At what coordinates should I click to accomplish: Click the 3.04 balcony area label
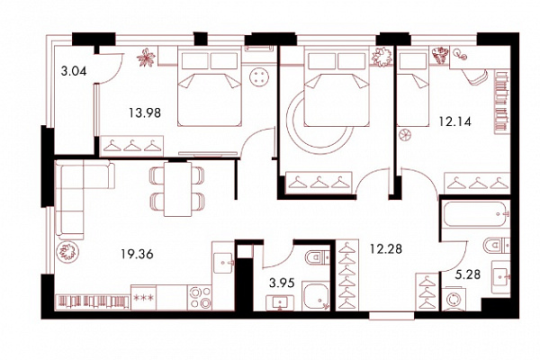pos(74,71)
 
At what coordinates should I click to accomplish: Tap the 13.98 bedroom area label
pos(145,112)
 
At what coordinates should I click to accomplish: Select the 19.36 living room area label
pos(137,254)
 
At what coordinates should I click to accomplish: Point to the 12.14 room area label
pos(454,121)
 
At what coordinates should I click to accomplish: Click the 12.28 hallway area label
pos(386,248)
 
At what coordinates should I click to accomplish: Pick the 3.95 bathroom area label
pos(282,283)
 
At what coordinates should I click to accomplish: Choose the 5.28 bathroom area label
pos(468,274)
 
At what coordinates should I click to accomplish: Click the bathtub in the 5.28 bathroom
pos(476,214)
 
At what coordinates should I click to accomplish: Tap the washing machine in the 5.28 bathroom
pos(454,298)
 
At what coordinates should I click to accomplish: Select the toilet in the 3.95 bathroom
pos(317,257)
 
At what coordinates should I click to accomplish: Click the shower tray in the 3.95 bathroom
pos(316,295)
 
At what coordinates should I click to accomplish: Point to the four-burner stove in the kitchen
pos(199,297)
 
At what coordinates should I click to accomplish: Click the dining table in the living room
pos(177,189)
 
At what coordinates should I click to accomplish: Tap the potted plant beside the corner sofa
pos(67,251)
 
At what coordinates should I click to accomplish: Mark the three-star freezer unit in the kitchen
pos(144,297)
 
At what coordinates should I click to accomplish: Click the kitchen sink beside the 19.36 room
pos(223,263)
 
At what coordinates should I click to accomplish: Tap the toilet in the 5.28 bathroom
pos(497,245)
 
